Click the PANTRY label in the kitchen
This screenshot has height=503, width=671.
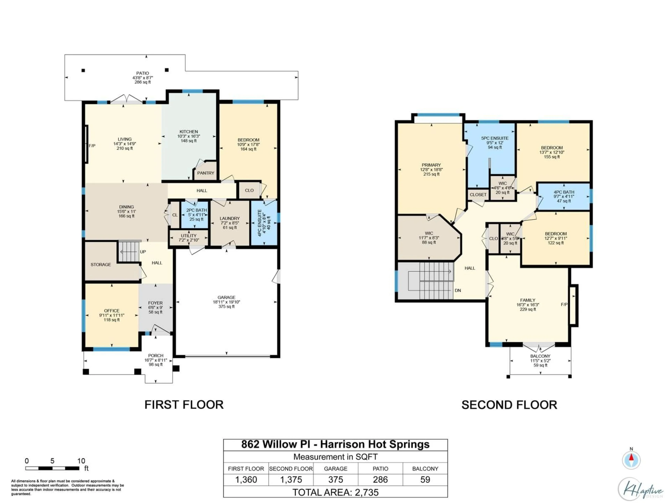[205, 173]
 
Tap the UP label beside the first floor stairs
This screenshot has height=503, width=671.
[143, 252]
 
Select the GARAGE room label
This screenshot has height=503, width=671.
[226, 297]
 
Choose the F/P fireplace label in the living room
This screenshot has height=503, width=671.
[92, 146]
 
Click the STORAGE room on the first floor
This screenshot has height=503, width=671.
[101, 264]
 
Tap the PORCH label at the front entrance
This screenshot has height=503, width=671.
[156, 355]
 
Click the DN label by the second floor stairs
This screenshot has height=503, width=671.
[458, 290]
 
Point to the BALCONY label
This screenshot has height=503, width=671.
[540, 356]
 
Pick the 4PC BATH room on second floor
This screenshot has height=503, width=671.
[564, 196]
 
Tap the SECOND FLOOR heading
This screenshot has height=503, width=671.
[509, 405]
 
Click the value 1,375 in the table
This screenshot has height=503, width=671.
[291, 480]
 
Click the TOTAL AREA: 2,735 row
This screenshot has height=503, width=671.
[335, 492]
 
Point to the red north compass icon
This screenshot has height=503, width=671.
[631, 460]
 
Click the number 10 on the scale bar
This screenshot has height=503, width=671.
[81, 461]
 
